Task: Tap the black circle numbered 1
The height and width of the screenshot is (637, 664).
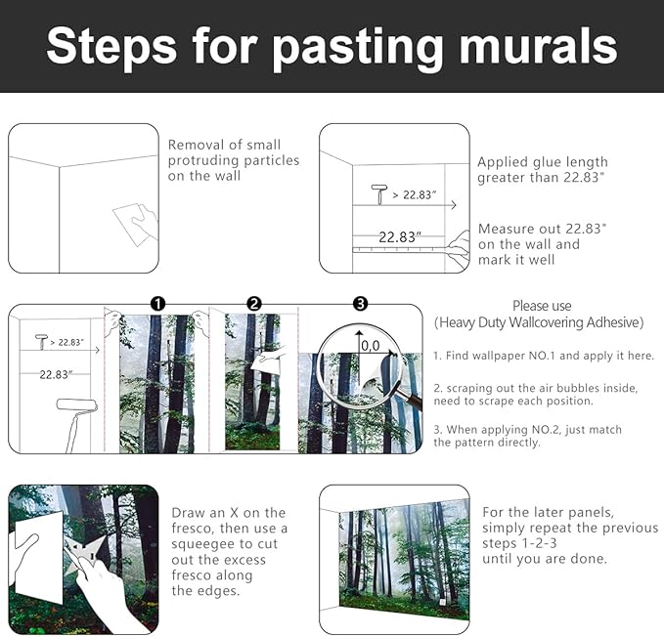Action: (156, 304)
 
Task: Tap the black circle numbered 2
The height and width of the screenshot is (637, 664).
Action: (253, 304)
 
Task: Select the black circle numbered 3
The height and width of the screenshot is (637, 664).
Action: (360, 304)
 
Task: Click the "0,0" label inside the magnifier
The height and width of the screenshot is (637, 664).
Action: (370, 346)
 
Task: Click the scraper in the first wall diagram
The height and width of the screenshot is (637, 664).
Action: (134, 223)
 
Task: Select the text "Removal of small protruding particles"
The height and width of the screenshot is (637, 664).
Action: (233, 160)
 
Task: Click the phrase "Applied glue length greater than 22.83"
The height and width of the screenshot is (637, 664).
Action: (542, 169)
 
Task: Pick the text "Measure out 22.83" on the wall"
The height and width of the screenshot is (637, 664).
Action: (542, 243)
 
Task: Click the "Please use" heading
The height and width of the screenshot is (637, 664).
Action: (541, 306)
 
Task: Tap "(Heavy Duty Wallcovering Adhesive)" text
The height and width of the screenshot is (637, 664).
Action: (539, 322)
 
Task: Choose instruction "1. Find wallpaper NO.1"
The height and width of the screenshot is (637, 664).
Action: (543, 356)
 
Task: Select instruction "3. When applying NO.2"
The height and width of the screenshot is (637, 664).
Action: (527, 436)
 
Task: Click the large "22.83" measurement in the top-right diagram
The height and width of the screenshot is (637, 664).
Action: (400, 236)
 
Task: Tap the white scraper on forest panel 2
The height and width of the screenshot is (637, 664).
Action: (265, 361)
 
